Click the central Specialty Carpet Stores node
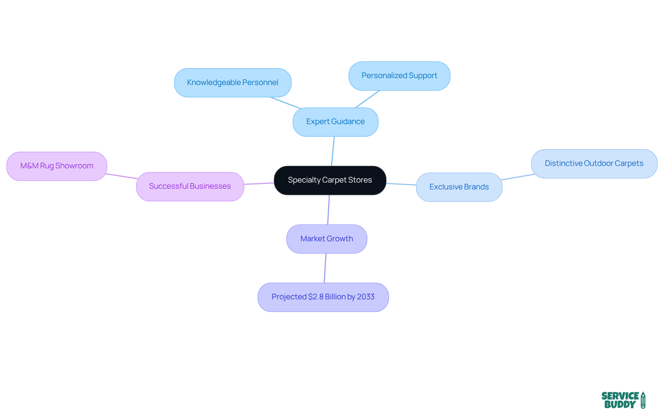(330, 180)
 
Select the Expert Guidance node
(335, 122)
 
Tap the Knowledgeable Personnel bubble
(232, 83)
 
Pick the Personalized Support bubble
(399, 76)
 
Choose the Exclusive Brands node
(459, 187)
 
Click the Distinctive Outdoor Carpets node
(594, 164)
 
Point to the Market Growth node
(326, 239)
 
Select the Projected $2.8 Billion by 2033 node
(323, 297)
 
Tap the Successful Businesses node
(190, 186)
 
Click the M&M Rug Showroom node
(57, 166)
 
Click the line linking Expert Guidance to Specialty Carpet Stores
(333, 151)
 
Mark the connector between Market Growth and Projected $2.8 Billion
(325, 268)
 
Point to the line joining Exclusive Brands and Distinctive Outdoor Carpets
(518, 177)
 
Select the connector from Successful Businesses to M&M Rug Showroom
(122, 176)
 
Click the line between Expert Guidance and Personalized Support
(368, 99)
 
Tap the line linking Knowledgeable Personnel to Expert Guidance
(285, 103)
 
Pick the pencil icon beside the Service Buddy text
(643, 400)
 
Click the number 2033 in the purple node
(366, 297)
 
